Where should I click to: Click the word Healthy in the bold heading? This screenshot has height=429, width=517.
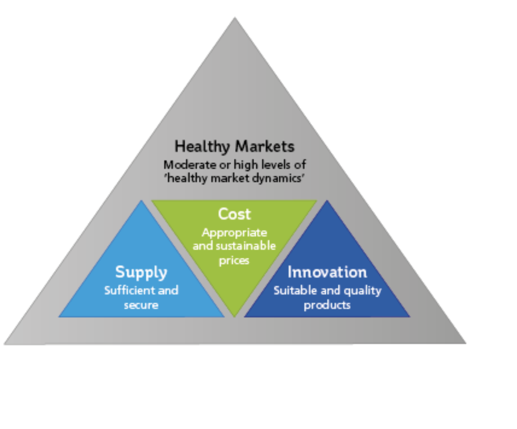pos(202,147)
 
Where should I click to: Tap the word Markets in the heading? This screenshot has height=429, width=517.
pos(265,146)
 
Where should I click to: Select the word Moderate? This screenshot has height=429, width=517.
pos(186,165)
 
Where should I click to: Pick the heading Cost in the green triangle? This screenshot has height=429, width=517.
pos(234,214)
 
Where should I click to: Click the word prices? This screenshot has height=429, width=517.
pos(234,260)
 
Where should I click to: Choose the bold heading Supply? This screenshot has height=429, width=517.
pos(141,272)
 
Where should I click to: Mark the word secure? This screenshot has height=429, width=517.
pos(141,305)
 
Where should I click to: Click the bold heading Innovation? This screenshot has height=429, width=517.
pos(327,272)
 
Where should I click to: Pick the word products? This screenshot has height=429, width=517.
pos(327,305)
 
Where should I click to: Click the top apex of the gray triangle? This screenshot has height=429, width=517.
pos(235,17)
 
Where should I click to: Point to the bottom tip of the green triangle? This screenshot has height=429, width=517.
pos(234,317)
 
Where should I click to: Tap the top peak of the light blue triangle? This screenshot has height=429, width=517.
pos(142,200)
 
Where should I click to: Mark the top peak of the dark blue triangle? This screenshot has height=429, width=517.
pos(327,200)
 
